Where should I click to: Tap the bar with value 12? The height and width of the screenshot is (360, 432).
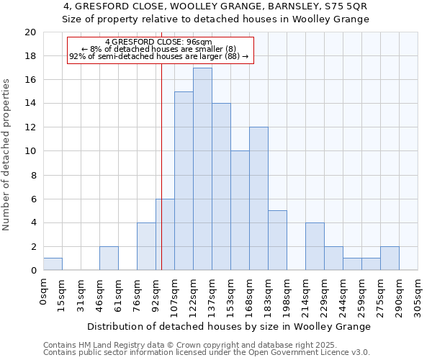258,199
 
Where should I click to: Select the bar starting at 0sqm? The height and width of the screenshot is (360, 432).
53,264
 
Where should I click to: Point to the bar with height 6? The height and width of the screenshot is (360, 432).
165,235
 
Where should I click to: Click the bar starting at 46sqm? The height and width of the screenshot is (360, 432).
109,258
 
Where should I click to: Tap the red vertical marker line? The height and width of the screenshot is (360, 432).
161,180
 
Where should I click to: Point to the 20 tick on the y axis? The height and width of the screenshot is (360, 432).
30,32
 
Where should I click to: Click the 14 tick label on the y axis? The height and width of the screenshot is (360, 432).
30,104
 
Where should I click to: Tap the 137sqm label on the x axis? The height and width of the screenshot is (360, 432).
212,295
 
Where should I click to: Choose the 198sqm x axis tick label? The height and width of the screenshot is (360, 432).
287,295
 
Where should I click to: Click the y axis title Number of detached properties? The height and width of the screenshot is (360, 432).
7,165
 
